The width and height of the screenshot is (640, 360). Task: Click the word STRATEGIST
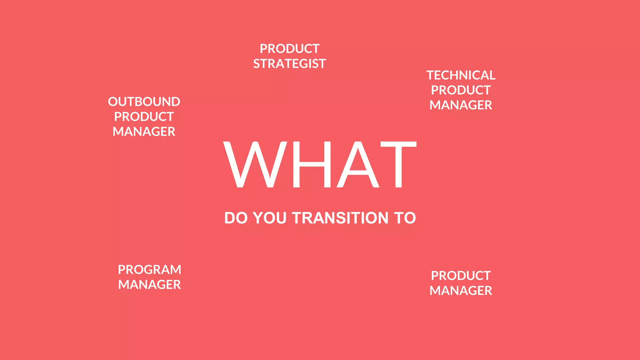point(289,64)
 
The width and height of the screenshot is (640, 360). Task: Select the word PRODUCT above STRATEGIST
point(289,49)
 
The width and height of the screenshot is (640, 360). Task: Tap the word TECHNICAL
point(461,75)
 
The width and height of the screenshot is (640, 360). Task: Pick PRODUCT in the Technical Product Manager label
point(461,90)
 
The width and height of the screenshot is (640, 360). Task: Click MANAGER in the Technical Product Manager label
point(461,105)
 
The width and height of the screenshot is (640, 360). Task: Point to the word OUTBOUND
point(144,102)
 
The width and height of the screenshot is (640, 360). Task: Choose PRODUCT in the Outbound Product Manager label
point(144,117)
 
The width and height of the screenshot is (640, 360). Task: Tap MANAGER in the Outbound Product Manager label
point(144,132)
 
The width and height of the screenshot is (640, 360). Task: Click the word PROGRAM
point(149,270)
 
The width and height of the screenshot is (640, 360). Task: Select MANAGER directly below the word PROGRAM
point(149,285)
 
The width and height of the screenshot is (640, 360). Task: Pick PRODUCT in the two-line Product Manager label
point(461,276)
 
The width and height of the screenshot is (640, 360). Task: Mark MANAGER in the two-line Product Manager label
point(461,291)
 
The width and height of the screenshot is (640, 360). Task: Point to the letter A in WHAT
point(358,164)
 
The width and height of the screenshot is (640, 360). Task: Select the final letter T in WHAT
point(398,164)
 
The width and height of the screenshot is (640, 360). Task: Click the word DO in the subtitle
point(236,218)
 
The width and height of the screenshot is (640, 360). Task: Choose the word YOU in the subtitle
point(270,218)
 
